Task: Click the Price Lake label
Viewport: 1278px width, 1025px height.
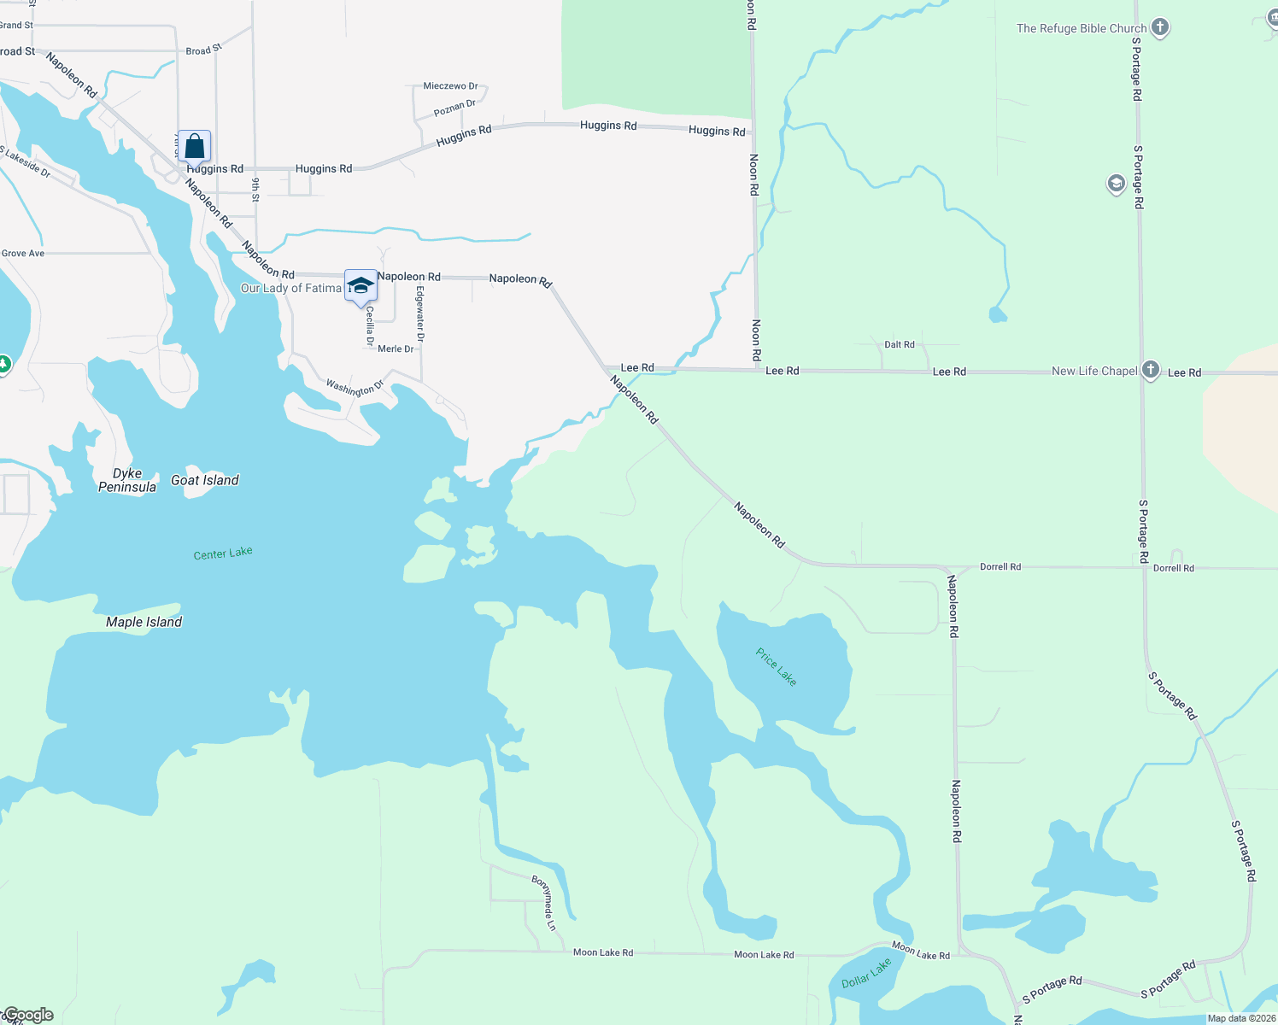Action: (x=776, y=666)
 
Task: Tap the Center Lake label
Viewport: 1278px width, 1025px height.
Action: (x=223, y=553)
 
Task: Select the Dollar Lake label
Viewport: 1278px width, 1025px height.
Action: (x=866, y=973)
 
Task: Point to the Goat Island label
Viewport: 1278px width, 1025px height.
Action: (x=205, y=480)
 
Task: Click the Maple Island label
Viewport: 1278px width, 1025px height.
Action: (x=144, y=622)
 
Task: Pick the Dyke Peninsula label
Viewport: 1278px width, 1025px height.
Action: (x=127, y=480)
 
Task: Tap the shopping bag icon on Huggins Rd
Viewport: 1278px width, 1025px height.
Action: (x=195, y=146)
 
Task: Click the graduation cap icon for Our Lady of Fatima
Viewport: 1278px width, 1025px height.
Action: (x=361, y=285)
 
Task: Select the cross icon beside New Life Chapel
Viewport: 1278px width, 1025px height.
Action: (x=1151, y=370)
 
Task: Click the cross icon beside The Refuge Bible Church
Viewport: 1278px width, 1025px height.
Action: (x=1159, y=27)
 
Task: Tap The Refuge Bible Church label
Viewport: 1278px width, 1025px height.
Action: (x=1082, y=28)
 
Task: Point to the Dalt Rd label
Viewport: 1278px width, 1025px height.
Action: (x=900, y=345)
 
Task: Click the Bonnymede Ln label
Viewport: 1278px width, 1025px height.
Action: (x=544, y=903)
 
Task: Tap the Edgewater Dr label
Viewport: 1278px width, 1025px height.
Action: (x=420, y=314)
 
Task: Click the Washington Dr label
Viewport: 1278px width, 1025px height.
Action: (x=355, y=388)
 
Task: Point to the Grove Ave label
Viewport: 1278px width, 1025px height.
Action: (x=23, y=254)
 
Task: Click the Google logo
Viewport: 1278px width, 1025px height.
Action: (x=28, y=1015)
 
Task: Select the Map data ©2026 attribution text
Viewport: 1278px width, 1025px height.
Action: (x=1241, y=1018)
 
